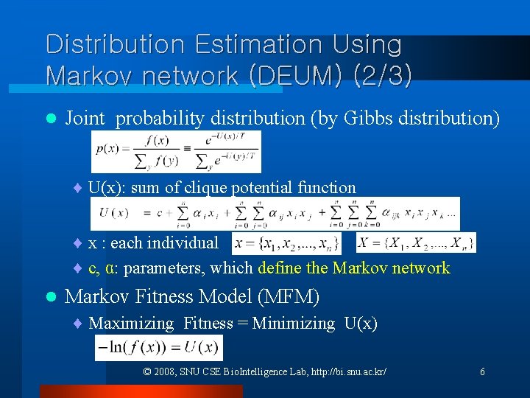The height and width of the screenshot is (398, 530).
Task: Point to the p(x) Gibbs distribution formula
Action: (x=177, y=152)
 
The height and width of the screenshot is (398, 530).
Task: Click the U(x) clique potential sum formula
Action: (x=275, y=214)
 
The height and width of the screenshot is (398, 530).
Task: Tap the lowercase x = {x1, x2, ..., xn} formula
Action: (x=286, y=242)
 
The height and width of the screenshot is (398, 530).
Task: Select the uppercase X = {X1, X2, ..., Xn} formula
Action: (x=416, y=242)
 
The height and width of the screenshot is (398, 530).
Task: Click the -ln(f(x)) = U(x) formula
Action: (x=159, y=347)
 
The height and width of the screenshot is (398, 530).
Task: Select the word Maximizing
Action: (x=131, y=323)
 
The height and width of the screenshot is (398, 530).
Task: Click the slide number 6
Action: (x=482, y=372)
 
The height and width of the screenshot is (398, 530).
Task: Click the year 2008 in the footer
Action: (x=163, y=372)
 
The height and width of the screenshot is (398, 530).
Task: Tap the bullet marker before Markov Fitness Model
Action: (x=50, y=297)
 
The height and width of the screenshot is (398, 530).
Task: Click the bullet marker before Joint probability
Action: (x=50, y=118)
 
